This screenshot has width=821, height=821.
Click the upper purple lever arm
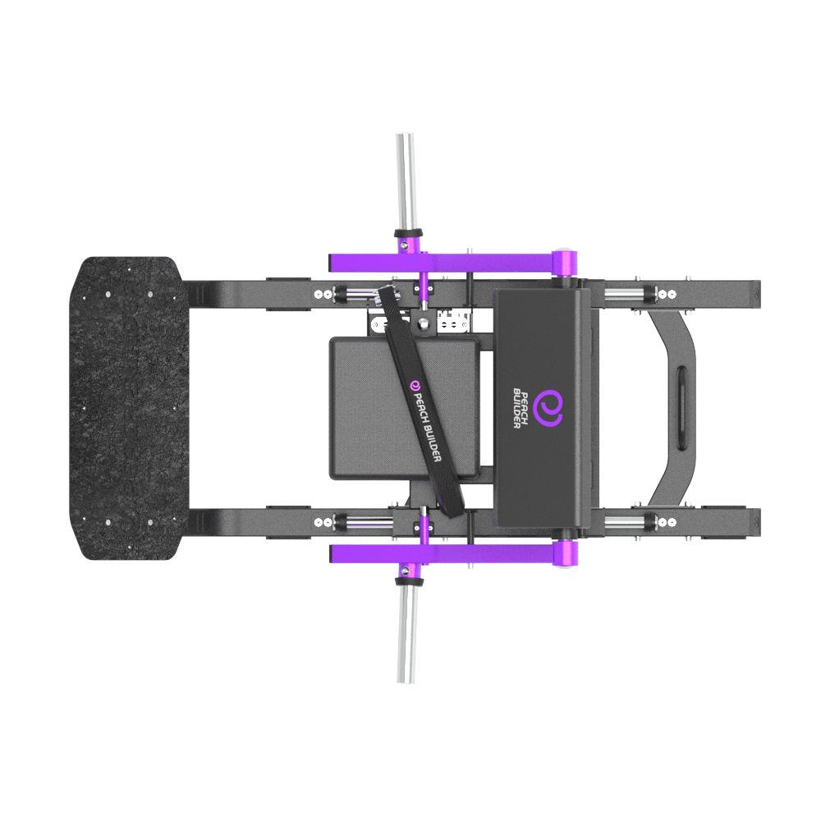(443, 263)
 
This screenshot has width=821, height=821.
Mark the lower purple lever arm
(443, 553)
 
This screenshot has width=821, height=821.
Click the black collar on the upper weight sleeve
(407, 232)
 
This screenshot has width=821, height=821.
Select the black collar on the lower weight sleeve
(407, 582)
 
